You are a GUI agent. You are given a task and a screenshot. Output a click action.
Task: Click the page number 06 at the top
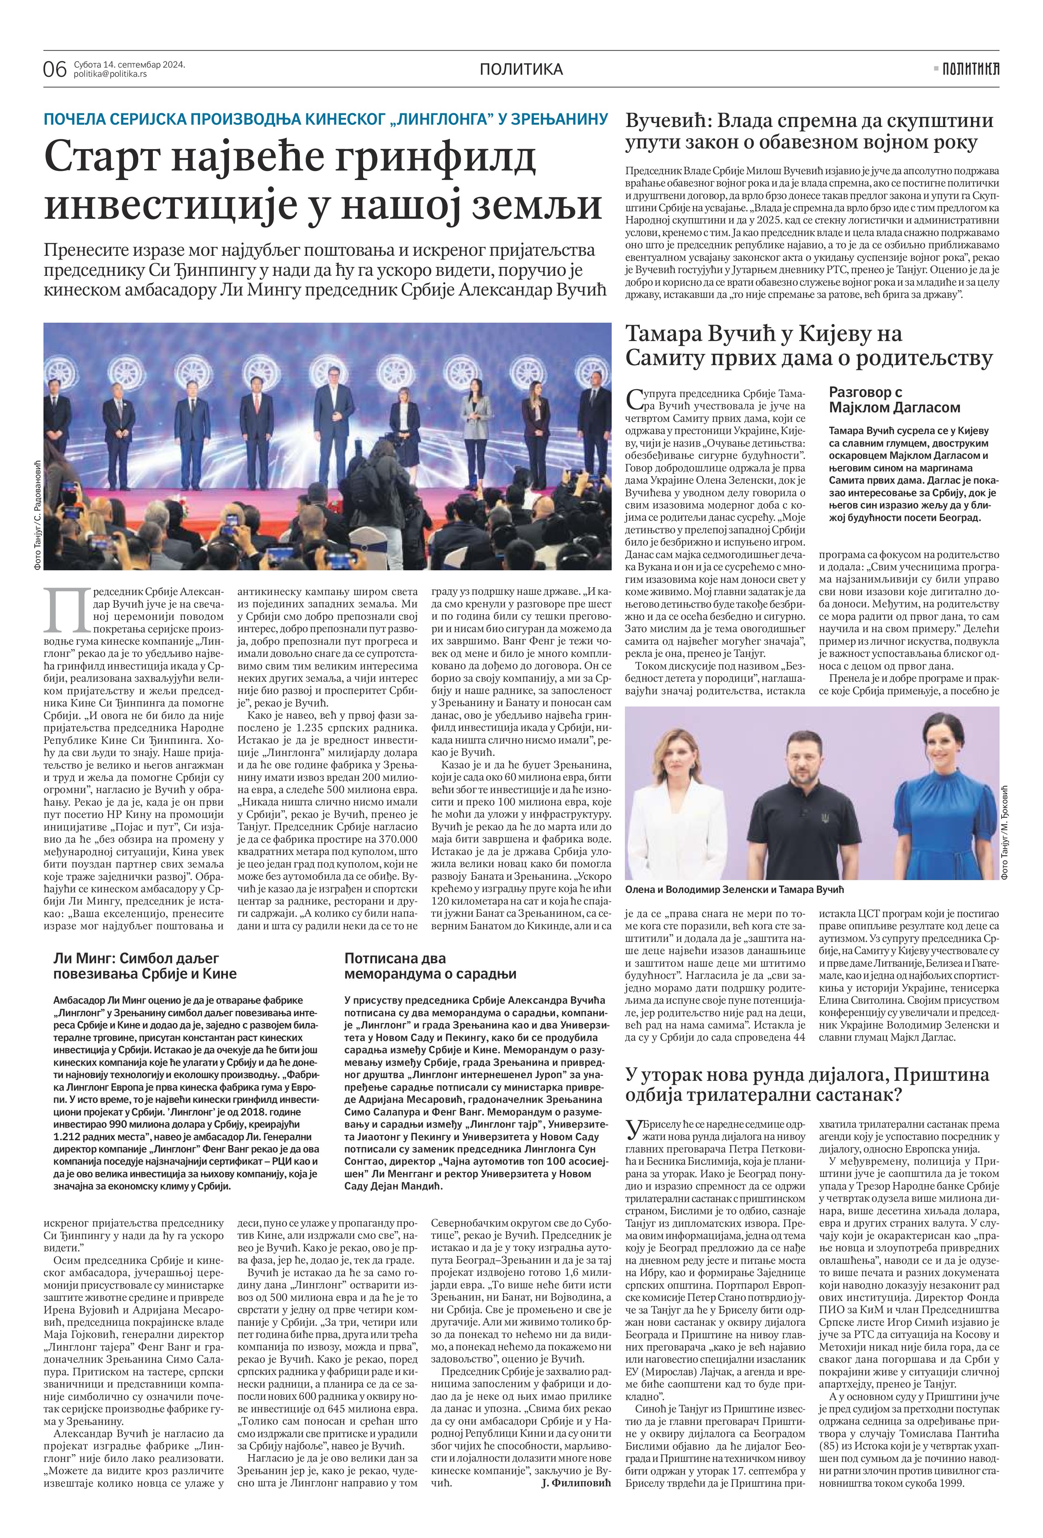[x=55, y=69]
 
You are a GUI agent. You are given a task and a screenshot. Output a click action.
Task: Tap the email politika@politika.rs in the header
[x=110, y=74]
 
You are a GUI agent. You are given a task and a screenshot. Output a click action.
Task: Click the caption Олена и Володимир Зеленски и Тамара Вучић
[x=735, y=890]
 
